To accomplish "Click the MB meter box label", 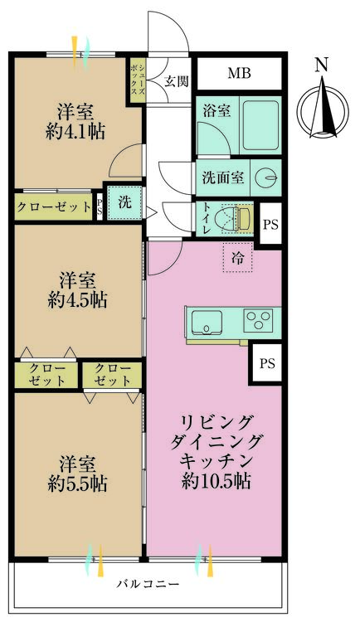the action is pyautogui.click(x=240, y=73).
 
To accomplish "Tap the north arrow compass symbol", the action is pyautogui.click(x=324, y=107).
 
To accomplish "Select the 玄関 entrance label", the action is pyautogui.click(x=176, y=81).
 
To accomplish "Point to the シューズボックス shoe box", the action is pyautogui.click(x=138, y=81).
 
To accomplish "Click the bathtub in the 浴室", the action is pyautogui.click(x=261, y=125).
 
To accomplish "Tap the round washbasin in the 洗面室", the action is pyautogui.click(x=265, y=177).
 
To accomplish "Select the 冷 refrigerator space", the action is pyautogui.click(x=238, y=258).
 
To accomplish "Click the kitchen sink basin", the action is pyautogui.click(x=207, y=322).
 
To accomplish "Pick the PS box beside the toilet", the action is pyautogui.click(x=270, y=225).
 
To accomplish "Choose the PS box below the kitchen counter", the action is pyautogui.click(x=267, y=363).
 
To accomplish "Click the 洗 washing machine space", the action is pyautogui.click(x=125, y=202).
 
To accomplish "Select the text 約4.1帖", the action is pyautogui.click(x=75, y=131).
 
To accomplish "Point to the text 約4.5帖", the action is pyautogui.click(x=77, y=300).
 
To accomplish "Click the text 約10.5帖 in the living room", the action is pyautogui.click(x=216, y=481).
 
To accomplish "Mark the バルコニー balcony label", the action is pyautogui.click(x=148, y=584).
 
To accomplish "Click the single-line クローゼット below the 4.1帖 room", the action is pyautogui.click(x=54, y=207).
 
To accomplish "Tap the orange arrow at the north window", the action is pyautogui.click(x=74, y=49).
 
